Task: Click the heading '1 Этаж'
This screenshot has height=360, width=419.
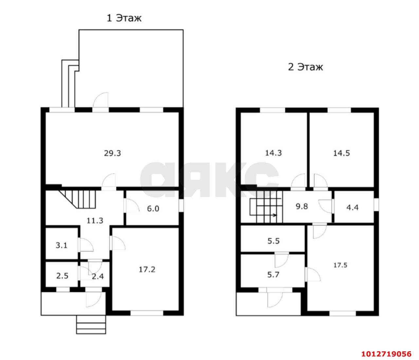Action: click(x=124, y=18)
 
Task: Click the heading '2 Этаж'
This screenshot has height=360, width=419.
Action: click(x=305, y=67)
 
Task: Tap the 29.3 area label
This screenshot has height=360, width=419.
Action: click(x=113, y=153)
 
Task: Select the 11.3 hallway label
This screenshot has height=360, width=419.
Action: click(x=95, y=221)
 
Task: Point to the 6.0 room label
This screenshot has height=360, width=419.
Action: click(x=153, y=208)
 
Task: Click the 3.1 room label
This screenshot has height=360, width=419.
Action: click(x=62, y=246)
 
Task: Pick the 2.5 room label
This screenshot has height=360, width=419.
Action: click(x=62, y=276)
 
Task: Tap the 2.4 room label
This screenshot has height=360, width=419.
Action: click(x=98, y=276)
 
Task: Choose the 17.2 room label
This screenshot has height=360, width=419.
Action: click(x=147, y=270)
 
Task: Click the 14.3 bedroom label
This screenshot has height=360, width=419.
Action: click(x=273, y=153)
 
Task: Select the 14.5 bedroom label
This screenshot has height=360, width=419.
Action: click(x=341, y=153)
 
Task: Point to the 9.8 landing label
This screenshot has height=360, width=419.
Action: click(x=302, y=206)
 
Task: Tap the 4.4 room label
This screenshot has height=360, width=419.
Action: click(x=353, y=207)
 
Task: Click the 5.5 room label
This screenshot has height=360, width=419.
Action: click(x=273, y=241)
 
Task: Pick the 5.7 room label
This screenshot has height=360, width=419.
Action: click(x=273, y=275)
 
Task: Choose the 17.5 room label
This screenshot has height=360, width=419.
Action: click(x=340, y=265)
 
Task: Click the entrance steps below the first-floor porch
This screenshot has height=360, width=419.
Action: click(x=91, y=325)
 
